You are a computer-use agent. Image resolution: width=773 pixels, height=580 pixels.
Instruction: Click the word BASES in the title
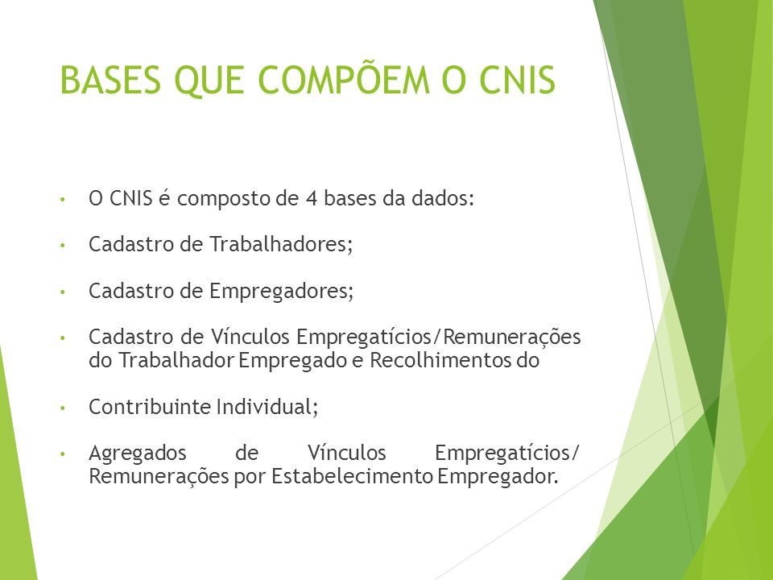pyautogui.click(x=110, y=80)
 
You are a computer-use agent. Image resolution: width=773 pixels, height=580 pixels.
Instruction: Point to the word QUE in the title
pyautogui.click(x=209, y=81)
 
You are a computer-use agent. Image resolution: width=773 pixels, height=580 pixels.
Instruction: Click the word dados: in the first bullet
pyautogui.click(x=443, y=198)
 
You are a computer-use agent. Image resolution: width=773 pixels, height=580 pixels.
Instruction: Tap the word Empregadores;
pyautogui.click(x=282, y=291)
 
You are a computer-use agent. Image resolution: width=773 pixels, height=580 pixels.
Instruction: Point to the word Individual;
pyautogui.click(x=267, y=407)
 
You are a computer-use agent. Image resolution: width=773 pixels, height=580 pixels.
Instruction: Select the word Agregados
pyautogui.click(x=138, y=454)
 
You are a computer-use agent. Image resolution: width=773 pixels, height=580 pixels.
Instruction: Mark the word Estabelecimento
pyautogui.click(x=352, y=476)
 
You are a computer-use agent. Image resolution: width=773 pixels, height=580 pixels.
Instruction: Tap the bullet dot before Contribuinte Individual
pyautogui.click(x=62, y=408)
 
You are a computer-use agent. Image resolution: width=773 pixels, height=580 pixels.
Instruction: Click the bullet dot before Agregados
pyautogui.click(x=62, y=454)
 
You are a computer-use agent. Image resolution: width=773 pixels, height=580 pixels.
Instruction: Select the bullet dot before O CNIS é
pyautogui.click(x=62, y=200)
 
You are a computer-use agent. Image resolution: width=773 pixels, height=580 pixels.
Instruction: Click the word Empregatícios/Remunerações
pyautogui.click(x=438, y=338)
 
